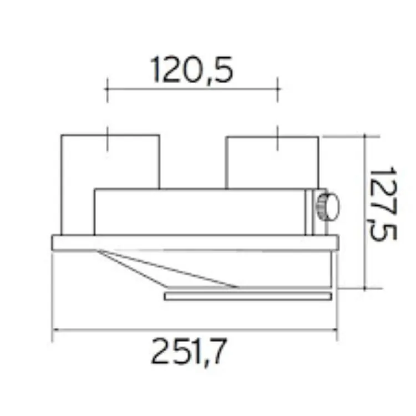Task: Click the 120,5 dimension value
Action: tap(191, 70)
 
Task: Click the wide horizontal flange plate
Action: tap(195, 243)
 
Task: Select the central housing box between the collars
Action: tap(200, 212)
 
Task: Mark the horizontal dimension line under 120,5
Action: tap(191, 88)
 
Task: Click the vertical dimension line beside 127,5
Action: tap(365, 211)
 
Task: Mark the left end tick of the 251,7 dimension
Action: tap(53, 331)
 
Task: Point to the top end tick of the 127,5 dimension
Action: tap(365, 135)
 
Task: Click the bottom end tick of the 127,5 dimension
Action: tap(365, 288)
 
